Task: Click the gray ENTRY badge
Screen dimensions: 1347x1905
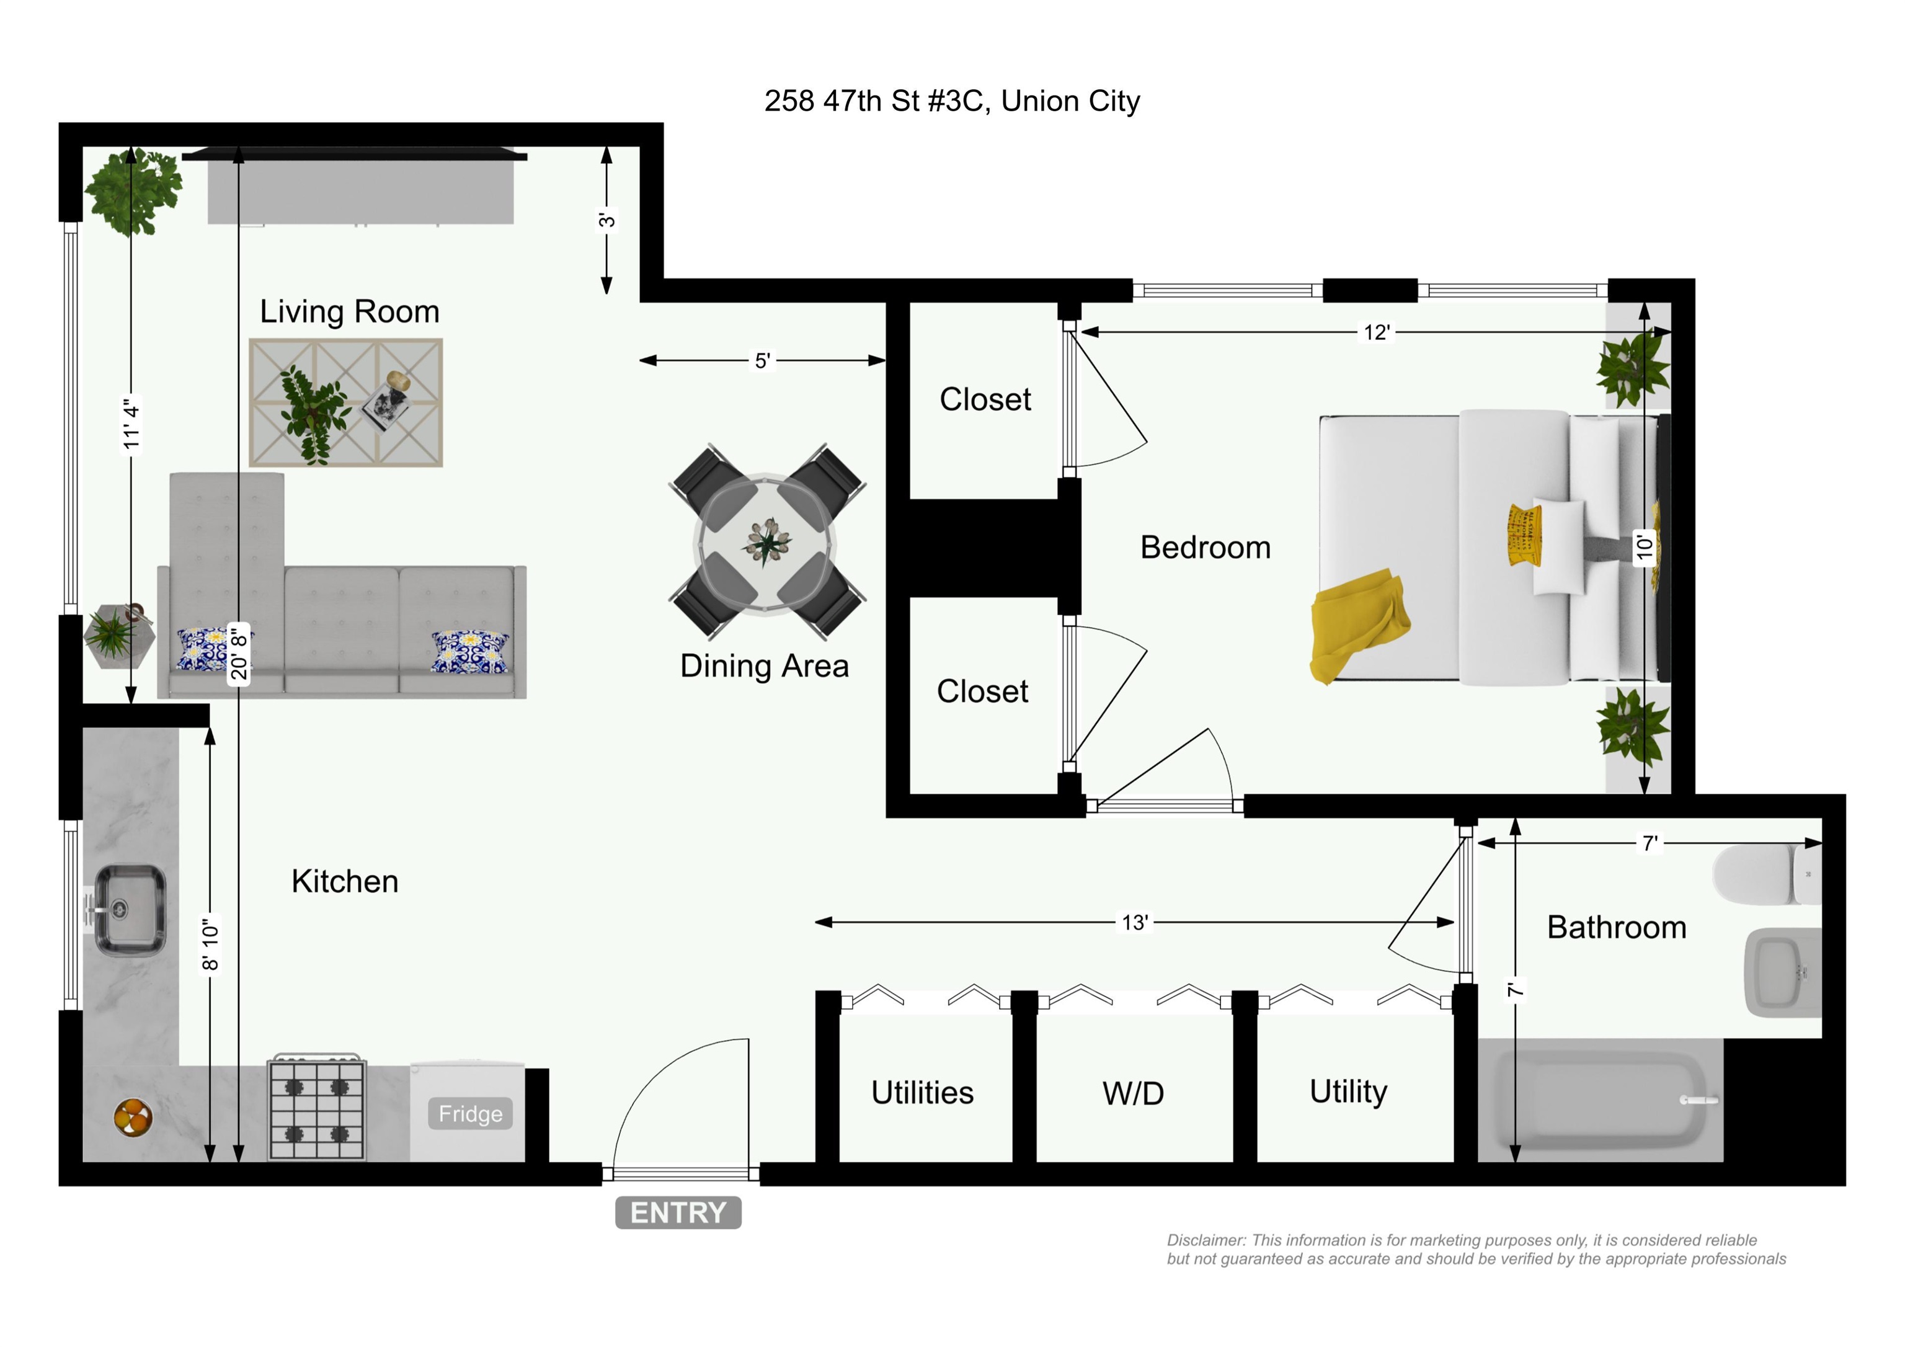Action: pyautogui.click(x=678, y=1212)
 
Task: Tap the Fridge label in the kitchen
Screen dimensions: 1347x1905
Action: pyautogui.click(x=469, y=1114)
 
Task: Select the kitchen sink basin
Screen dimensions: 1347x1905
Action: pyautogui.click(x=128, y=910)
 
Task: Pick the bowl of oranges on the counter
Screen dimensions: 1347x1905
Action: pyautogui.click(x=133, y=1116)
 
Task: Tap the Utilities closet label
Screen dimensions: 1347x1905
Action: pyautogui.click(x=921, y=1093)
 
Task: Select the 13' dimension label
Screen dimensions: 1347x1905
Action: pyautogui.click(x=1134, y=922)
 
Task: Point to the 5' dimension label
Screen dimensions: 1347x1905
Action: pyautogui.click(x=762, y=360)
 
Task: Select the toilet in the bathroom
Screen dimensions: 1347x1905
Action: pyautogui.click(x=1765, y=875)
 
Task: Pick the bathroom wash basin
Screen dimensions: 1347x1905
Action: pyautogui.click(x=1782, y=972)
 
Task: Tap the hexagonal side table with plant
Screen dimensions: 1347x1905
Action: pyautogui.click(x=118, y=636)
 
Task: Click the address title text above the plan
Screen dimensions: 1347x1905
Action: pyautogui.click(x=952, y=100)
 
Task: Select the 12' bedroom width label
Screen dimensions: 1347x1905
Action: pyautogui.click(x=1375, y=332)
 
